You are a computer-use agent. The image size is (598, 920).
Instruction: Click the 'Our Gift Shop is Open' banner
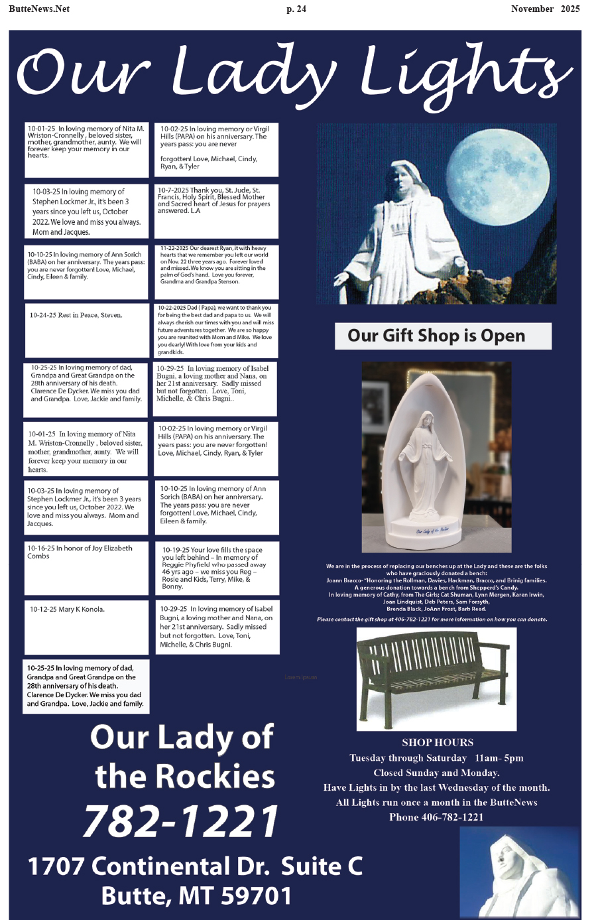coord(443,336)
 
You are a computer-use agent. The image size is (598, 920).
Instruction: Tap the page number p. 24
coord(296,9)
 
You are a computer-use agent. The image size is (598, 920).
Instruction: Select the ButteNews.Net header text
coord(39,9)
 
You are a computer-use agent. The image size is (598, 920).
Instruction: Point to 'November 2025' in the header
coord(545,9)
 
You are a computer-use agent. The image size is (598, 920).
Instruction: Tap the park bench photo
coord(436,678)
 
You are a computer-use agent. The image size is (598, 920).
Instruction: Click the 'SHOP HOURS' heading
coord(437,742)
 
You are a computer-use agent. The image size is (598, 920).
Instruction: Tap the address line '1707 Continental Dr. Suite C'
coord(195,866)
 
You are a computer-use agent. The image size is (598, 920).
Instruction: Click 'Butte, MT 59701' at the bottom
coord(196,896)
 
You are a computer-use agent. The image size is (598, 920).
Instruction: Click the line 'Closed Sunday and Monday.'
coord(436,773)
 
